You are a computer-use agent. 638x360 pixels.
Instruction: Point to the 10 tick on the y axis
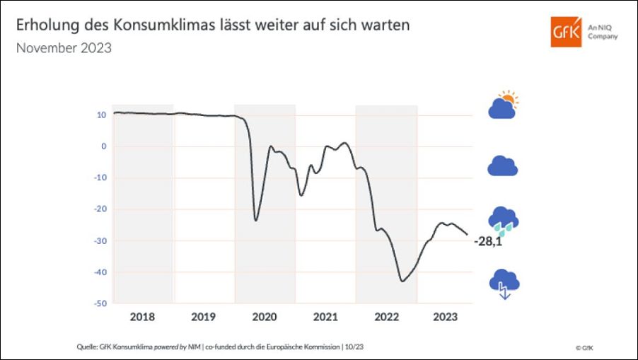click(x=101, y=115)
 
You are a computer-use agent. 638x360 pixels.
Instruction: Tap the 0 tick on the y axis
click(x=103, y=146)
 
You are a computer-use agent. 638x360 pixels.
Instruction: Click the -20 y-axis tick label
click(x=100, y=209)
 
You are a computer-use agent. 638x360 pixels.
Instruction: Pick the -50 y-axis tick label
click(x=100, y=303)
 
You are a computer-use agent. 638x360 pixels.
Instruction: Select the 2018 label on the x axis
click(x=143, y=318)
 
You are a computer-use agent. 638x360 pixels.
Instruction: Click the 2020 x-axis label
click(x=265, y=318)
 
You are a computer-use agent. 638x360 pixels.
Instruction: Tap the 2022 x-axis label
click(x=386, y=318)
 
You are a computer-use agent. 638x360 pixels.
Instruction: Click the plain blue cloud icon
click(x=503, y=166)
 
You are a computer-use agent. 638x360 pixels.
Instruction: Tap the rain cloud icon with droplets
click(x=504, y=220)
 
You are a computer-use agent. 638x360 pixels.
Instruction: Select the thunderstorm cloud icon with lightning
click(x=504, y=283)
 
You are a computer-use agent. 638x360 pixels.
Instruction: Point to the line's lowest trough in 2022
click(x=402, y=281)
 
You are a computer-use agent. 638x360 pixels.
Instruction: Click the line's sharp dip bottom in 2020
click(x=255, y=221)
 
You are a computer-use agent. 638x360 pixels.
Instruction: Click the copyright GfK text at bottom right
click(x=584, y=347)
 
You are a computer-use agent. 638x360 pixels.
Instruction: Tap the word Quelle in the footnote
click(x=88, y=347)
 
